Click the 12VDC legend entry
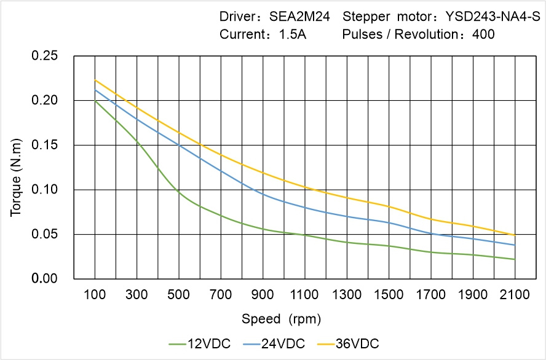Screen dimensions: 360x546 click(x=199, y=343)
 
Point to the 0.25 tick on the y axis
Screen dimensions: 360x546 click(x=44, y=56)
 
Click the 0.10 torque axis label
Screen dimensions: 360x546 click(x=44, y=190)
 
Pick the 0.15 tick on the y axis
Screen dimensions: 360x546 click(x=44, y=145)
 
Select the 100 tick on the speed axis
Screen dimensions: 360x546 click(x=95, y=295)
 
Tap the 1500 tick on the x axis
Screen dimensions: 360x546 click(x=389, y=295)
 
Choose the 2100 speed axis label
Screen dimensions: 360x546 click(x=515, y=295)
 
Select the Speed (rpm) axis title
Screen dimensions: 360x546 click(x=281, y=319)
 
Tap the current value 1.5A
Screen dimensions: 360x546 click(x=293, y=35)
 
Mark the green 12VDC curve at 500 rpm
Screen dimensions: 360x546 click(x=179, y=192)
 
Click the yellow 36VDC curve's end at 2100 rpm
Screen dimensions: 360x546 click(x=515, y=235)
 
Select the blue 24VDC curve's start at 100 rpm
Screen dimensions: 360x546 click(x=95, y=90)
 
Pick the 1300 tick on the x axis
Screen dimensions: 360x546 click(x=347, y=295)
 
